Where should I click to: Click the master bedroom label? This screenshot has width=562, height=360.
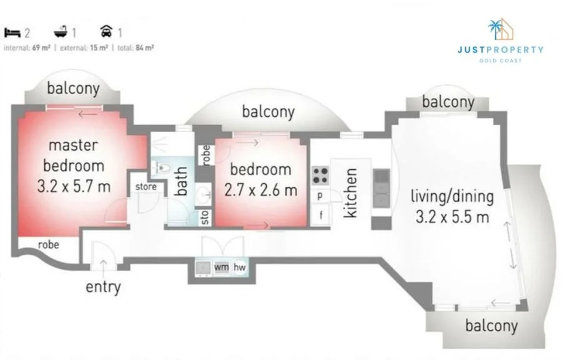pyautogui.click(x=72, y=156)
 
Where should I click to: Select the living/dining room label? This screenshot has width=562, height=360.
pyautogui.click(x=452, y=196)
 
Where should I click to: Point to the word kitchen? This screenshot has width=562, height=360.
pyautogui.click(x=352, y=192)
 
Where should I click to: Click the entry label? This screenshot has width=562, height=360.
pyautogui.click(x=103, y=287)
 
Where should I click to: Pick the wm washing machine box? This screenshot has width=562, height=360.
pyautogui.click(x=221, y=267)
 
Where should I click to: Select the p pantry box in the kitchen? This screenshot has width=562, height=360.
pyautogui.click(x=320, y=196)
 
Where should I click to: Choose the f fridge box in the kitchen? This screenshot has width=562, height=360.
pyautogui.click(x=320, y=216)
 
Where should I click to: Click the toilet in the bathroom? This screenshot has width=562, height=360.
pyautogui.click(x=162, y=167)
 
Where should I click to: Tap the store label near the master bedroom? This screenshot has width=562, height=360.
pyautogui.click(x=146, y=186)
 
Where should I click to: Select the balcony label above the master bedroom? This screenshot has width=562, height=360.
pyautogui.click(x=73, y=89)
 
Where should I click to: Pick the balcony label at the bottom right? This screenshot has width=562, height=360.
pyautogui.click(x=491, y=325)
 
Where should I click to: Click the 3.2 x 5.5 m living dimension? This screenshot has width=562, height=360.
pyautogui.click(x=452, y=217)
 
